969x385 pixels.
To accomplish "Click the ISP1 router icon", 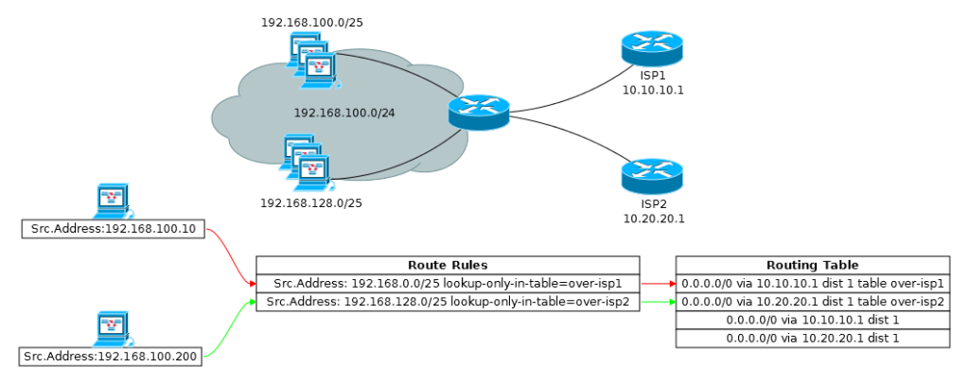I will click(x=652, y=48).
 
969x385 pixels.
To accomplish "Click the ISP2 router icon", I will click(x=652, y=177).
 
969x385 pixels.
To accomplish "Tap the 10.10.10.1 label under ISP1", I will click(x=652, y=90).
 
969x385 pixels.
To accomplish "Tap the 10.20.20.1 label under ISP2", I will click(x=652, y=219).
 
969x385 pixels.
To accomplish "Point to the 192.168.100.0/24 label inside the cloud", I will click(x=344, y=113).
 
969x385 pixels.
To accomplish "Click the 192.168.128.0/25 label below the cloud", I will click(x=311, y=202).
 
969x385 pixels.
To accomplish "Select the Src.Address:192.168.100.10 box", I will click(x=113, y=230).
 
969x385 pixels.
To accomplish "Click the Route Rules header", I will click(x=448, y=266).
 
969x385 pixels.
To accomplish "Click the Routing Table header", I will click(x=812, y=266).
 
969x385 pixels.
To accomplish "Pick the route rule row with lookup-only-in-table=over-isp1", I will click(x=448, y=283).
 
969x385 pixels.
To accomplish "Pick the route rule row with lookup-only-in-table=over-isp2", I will click(x=448, y=302).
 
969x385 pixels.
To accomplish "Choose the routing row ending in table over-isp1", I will click(x=812, y=283).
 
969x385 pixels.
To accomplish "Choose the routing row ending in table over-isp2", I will click(x=812, y=302).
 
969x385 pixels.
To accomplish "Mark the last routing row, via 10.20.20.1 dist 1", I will click(x=812, y=338).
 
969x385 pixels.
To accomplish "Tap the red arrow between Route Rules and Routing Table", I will click(x=658, y=283).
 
